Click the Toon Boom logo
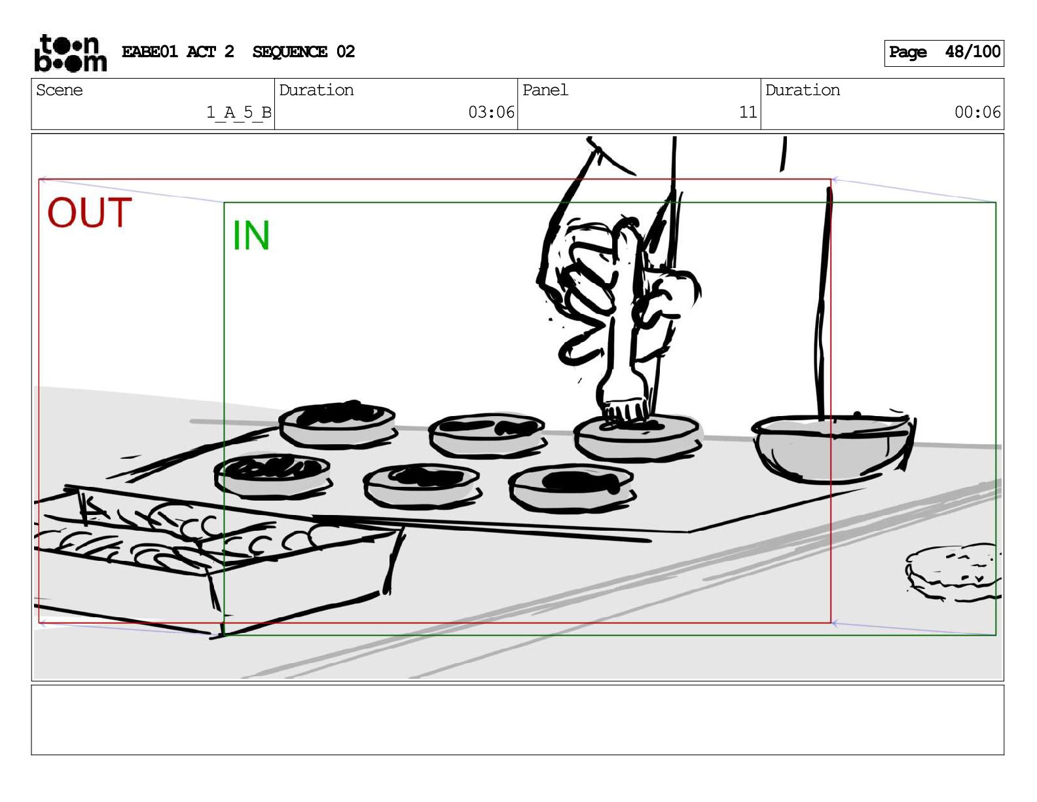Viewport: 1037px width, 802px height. click(71, 53)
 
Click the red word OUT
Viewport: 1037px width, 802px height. click(89, 212)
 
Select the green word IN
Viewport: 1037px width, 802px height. click(251, 235)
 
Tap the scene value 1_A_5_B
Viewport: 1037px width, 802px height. click(238, 113)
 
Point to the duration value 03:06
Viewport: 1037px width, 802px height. click(491, 112)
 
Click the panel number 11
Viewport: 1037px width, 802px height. click(748, 112)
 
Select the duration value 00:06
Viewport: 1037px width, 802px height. click(977, 112)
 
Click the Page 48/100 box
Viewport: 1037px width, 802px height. click(944, 53)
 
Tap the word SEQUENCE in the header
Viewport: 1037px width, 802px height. click(289, 52)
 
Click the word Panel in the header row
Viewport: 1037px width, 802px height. click(545, 90)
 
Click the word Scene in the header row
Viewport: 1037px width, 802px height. click(59, 90)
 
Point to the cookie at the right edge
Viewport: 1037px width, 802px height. click(952, 572)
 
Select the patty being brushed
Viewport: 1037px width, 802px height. click(637, 437)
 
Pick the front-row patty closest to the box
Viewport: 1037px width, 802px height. click(272, 476)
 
